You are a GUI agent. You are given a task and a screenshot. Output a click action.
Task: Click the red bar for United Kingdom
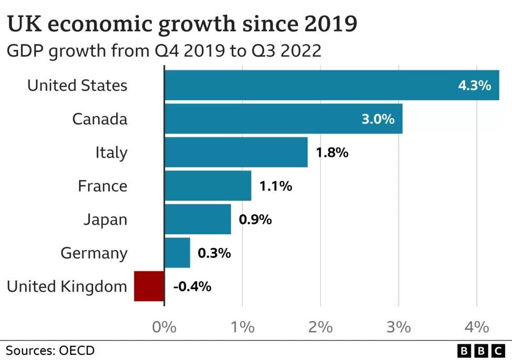pyautogui.click(x=150, y=286)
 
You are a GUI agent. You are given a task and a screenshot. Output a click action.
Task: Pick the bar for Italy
pyautogui.click(x=236, y=152)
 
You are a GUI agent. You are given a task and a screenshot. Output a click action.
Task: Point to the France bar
pyautogui.click(x=208, y=186)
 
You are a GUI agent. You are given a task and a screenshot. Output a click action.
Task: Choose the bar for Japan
pyautogui.click(x=198, y=219)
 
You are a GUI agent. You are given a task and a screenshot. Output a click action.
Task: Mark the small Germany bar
pyautogui.click(x=178, y=253)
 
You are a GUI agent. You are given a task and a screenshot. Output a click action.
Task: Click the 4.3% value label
pyautogui.click(x=474, y=86)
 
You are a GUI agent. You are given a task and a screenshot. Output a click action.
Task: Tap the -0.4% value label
pyautogui.click(x=192, y=287)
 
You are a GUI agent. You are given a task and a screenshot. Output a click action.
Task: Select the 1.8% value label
pyautogui.click(x=332, y=153)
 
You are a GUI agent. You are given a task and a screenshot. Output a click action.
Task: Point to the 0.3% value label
pyautogui.click(x=214, y=253)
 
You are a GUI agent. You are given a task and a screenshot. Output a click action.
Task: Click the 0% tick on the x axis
pyautogui.click(x=164, y=327)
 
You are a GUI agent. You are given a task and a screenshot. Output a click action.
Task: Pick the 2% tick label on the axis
pyautogui.click(x=320, y=327)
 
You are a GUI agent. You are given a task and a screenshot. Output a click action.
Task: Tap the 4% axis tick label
pyautogui.click(x=476, y=327)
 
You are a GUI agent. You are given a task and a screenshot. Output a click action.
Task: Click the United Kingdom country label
pyautogui.click(x=67, y=287)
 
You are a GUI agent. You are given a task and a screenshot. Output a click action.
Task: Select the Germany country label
pyautogui.click(x=94, y=253)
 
